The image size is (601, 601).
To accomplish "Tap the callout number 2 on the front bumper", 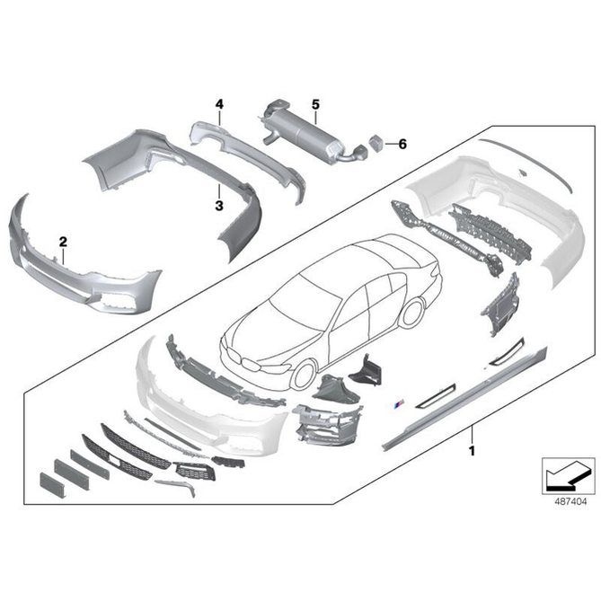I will pyautogui.click(x=63, y=242).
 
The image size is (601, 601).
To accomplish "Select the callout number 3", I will pyautogui.click(x=218, y=206).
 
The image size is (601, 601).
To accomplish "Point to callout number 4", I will pyautogui.click(x=218, y=104).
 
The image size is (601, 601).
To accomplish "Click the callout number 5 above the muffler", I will pyautogui.click(x=315, y=104).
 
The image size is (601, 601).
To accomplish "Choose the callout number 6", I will pyautogui.click(x=402, y=143).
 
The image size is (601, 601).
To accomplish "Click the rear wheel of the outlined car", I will pyautogui.click(x=411, y=310).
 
